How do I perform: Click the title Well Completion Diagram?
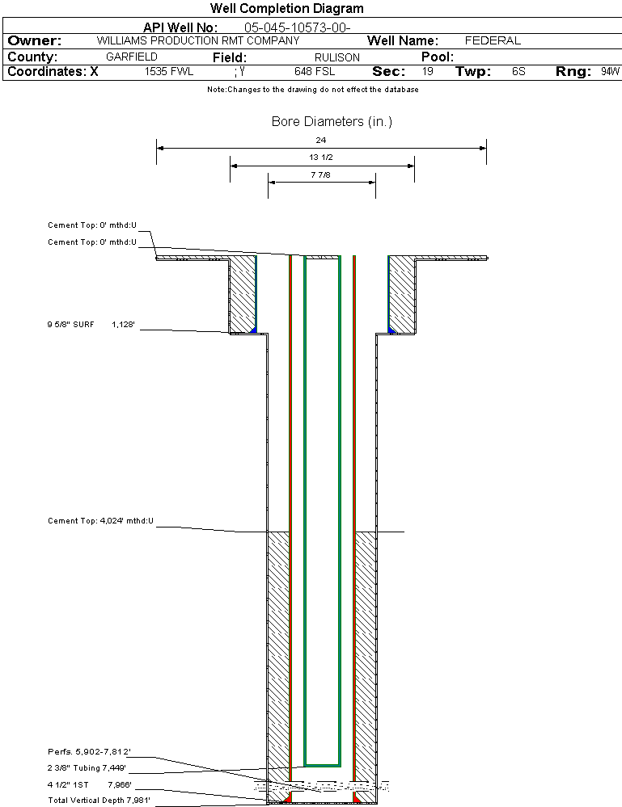[x=286, y=9]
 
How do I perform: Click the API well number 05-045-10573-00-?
[x=297, y=27]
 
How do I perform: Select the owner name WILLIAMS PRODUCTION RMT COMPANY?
[x=197, y=40]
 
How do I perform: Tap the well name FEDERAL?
[x=493, y=40]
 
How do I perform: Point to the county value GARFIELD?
[x=132, y=57]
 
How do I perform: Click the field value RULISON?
[x=337, y=57]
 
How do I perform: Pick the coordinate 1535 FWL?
[x=169, y=72]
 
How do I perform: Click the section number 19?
[x=427, y=72]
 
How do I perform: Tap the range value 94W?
[x=610, y=72]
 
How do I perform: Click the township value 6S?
[x=518, y=72]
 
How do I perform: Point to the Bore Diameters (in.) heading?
[x=332, y=122]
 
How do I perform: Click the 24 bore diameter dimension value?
[x=321, y=141]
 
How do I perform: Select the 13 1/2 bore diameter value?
[x=321, y=158]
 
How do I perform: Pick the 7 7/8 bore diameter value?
[x=321, y=174]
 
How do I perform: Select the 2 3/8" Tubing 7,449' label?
[x=87, y=768]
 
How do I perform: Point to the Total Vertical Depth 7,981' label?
[x=99, y=800]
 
